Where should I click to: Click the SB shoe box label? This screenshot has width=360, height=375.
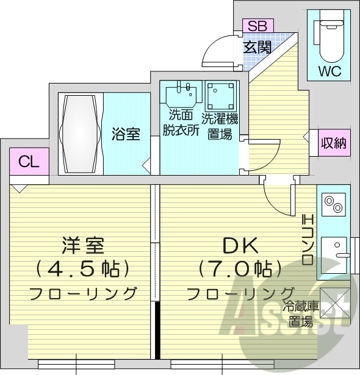coord(257,26)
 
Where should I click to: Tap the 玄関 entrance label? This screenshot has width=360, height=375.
coord(257,47)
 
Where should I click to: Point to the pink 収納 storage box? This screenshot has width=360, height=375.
coord(334,144)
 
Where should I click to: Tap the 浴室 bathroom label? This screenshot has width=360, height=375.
coord(126,133)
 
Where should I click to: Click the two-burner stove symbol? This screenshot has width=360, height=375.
coord(333,205)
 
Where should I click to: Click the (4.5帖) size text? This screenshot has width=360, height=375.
coord(84,268)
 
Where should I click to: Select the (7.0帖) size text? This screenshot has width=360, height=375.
coord(240,268)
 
